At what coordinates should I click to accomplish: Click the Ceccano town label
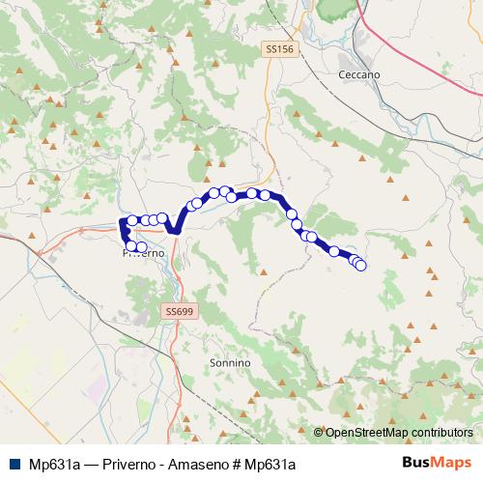(359, 74)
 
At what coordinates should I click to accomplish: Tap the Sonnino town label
(230, 362)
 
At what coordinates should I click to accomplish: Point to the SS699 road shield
(179, 311)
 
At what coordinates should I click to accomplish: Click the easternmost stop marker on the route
(361, 266)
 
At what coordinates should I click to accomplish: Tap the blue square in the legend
(14, 463)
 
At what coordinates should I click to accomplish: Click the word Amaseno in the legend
(193, 464)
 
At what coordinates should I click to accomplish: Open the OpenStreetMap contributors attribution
(399, 432)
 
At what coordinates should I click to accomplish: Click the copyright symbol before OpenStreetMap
(319, 432)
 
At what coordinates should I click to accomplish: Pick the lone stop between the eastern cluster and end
(334, 252)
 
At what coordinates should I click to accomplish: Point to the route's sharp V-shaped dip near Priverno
(175, 230)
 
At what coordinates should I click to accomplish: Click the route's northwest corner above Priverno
(122, 223)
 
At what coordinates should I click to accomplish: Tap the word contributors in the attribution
(442, 432)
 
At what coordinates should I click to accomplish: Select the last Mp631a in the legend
(267, 464)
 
